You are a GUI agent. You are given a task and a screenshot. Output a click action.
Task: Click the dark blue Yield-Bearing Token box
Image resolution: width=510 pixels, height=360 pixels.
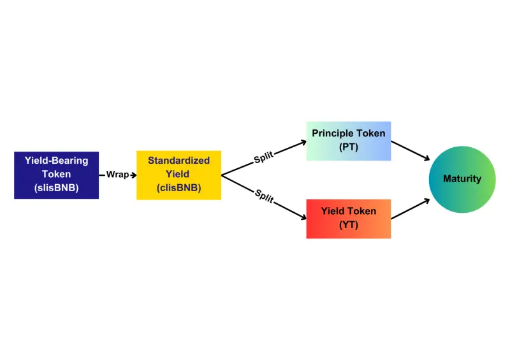pyautogui.click(x=56, y=175)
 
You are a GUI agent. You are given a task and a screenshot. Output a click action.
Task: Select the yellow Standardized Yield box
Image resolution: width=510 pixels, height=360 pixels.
pyautogui.click(x=178, y=175)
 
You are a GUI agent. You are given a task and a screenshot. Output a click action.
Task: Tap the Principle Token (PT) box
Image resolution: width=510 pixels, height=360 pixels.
pyautogui.click(x=348, y=140)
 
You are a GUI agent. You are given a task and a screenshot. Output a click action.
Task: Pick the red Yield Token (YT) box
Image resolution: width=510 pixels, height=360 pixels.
pyautogui.click(x=348, y=219)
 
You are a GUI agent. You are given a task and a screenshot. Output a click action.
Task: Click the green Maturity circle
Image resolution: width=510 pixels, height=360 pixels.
pyautogui.click(x=462, y=179)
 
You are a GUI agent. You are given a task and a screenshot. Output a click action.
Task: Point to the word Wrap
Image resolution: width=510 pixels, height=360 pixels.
pyautogui.click(x=117, y=175)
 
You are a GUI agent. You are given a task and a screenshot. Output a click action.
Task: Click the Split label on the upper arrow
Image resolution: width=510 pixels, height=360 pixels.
pyautogui.click(x=264, y=157)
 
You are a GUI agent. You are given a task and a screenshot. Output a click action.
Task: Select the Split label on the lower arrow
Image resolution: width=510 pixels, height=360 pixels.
pyautogui.click(x=264, y=195)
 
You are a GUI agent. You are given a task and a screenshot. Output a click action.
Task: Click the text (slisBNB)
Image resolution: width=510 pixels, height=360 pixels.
pyautogui.click(x=57, y=188)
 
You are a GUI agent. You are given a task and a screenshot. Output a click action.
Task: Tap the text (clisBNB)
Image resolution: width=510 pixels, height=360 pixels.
pyautogui.click(x=178, y=188)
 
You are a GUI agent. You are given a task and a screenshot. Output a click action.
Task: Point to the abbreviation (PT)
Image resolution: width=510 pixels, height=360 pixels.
pyautogui.click(x=349, y=147)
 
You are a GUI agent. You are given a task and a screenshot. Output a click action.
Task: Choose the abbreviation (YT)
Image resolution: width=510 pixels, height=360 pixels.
pyautogui.click(x=349, y=225)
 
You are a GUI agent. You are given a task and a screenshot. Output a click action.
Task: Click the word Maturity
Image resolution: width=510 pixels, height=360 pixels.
pyautogui.click(x=462, y=179)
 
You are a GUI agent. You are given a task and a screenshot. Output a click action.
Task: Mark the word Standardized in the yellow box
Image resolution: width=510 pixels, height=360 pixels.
pyautogui.click(x=178, y=161)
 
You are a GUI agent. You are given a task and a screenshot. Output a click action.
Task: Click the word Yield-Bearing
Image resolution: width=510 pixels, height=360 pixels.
pyautogui.click(x=57, y=161)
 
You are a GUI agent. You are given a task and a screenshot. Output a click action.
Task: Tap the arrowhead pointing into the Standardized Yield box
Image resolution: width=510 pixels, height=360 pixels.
pyautogui.click(x=133, y=175)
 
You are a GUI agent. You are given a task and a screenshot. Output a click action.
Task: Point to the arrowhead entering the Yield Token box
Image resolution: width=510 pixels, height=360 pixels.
pyautogui.click(x=302, y=218)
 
